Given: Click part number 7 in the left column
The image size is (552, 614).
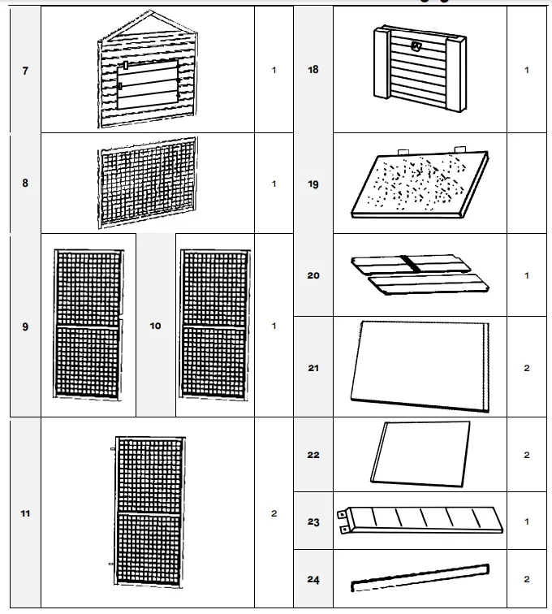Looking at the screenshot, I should pyautogui.click(x=25, y=71).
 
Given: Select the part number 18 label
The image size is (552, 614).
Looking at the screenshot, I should pyautogui.click(x=313, y=71).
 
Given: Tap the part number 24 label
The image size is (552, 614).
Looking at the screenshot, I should pyautogui.click(x=313, y=580).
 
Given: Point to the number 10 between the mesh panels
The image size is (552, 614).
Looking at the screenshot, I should pyautogui.click(x=156, y=326).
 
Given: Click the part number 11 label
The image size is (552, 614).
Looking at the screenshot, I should pyautogui.click(x=25, y=513).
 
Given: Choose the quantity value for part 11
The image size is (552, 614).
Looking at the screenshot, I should pyautogui.click(x=274, y=513).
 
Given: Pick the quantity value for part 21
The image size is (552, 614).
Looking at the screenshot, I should pyautogui.click(x=526, y=368).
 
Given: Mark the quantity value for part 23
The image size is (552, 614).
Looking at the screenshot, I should pyautogui.click(x=526, y=521).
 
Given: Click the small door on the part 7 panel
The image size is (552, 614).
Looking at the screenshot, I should pyautogui.click(x=149, y=84).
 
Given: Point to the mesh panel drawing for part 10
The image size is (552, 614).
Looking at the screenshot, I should pyautogui.click(x=214, y=322).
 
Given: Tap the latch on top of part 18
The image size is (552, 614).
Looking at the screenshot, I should pyautogui.click(x=417, y=46).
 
